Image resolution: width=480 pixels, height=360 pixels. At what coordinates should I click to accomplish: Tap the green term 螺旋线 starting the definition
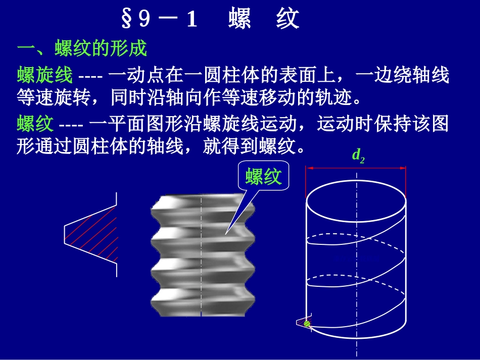(45, 76)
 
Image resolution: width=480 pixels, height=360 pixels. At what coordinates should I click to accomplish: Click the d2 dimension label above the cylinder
(358, 156)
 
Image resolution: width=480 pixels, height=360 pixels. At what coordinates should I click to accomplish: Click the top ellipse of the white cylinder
(356, 199)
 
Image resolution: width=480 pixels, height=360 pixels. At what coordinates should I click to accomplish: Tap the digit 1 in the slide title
(191, 20)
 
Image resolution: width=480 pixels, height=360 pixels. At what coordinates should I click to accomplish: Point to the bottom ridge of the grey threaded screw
(202, 303)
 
